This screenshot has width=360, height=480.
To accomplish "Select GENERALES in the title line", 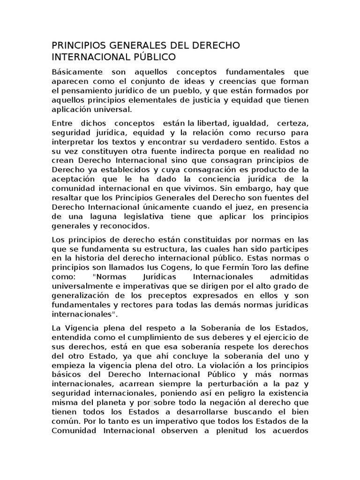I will pyautogui.click(x=130, y=45).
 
